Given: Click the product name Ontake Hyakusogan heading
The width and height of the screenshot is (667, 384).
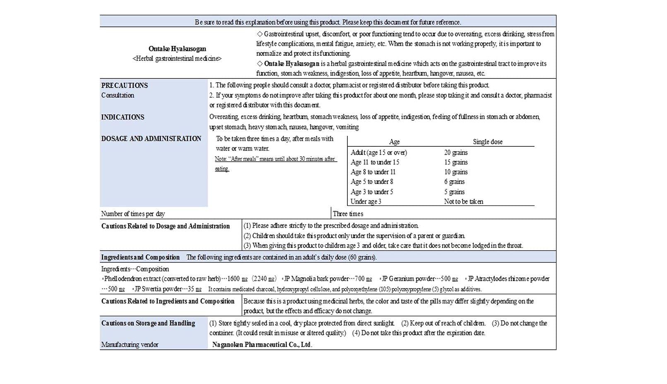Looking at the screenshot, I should tap(177, 49).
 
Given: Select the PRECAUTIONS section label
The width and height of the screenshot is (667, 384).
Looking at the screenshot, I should tap(125, 86).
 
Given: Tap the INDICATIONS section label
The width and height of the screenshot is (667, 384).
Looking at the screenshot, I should tap(123, 117).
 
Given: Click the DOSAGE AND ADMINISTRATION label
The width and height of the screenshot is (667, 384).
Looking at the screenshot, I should tap(151, 139).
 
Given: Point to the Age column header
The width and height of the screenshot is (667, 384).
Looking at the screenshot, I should tap(394, 142).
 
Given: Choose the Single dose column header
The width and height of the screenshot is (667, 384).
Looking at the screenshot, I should tap(488, 142).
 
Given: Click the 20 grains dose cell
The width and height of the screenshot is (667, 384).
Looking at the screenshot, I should tap(456, 153).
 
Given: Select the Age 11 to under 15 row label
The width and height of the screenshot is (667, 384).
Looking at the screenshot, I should tap(375, 162).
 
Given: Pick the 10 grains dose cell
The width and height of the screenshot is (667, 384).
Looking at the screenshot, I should tap(456, 172).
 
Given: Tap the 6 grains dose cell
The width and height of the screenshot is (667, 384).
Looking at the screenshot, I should tap(454, 182).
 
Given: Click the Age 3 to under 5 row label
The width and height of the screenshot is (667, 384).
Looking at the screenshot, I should tap(372, 192).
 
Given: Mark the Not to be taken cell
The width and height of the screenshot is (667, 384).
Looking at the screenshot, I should tap(463, 202).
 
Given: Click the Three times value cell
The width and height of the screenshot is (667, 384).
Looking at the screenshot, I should tap(348, 214).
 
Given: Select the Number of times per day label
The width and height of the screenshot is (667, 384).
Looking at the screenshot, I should tap(133, 214).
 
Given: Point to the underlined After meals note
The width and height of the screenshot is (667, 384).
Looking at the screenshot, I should tap(275, 159).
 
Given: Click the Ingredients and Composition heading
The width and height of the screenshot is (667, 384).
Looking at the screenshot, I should tap(140, 257).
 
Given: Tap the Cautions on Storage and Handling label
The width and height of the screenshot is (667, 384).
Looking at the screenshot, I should tap(148, 323).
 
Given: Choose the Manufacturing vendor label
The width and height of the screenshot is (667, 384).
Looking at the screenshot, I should tap(130, 345).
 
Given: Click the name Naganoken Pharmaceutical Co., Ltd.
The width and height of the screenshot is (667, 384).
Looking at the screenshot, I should tap(262, 345).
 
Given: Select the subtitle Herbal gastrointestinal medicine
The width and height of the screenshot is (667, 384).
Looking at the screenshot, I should tap(177, 59).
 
